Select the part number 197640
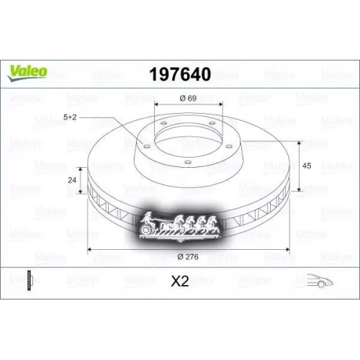(179, 74)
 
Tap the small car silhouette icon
(318, 282)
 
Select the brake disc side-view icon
(30, 281)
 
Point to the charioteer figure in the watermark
(149, 217)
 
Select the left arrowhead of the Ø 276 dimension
(90, 249)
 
